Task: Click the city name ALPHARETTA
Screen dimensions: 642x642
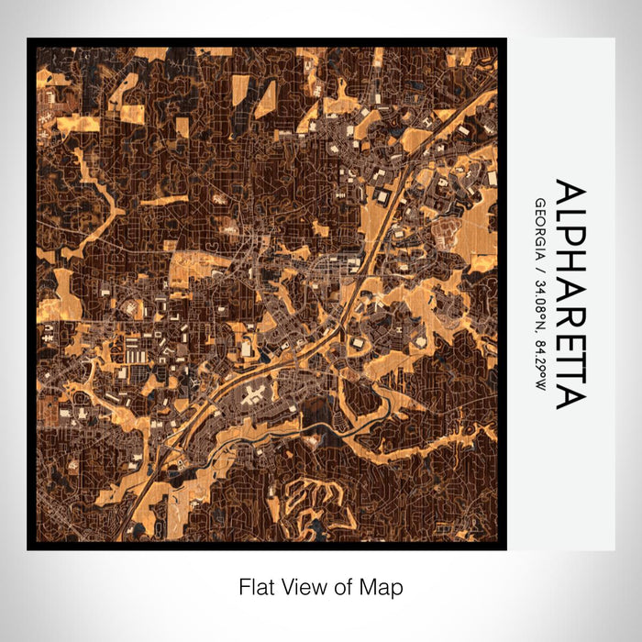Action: click(x=569, y=294)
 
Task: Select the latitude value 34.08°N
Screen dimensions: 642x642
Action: click(x=540, y=304)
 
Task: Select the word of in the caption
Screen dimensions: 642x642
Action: click(x=338, y=585)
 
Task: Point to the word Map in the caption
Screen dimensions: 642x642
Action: click(x=380, y=585)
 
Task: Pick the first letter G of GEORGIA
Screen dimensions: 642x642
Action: click(x=540, y=202)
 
